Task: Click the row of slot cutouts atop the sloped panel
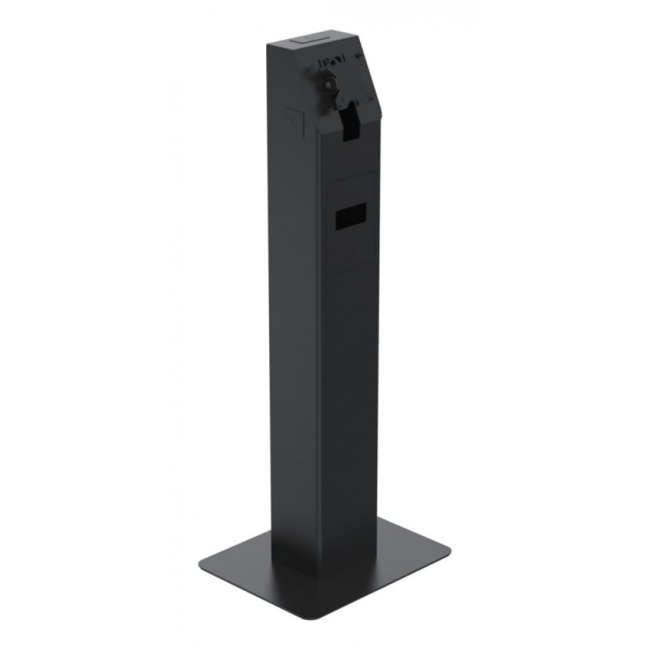click(331, 63)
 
